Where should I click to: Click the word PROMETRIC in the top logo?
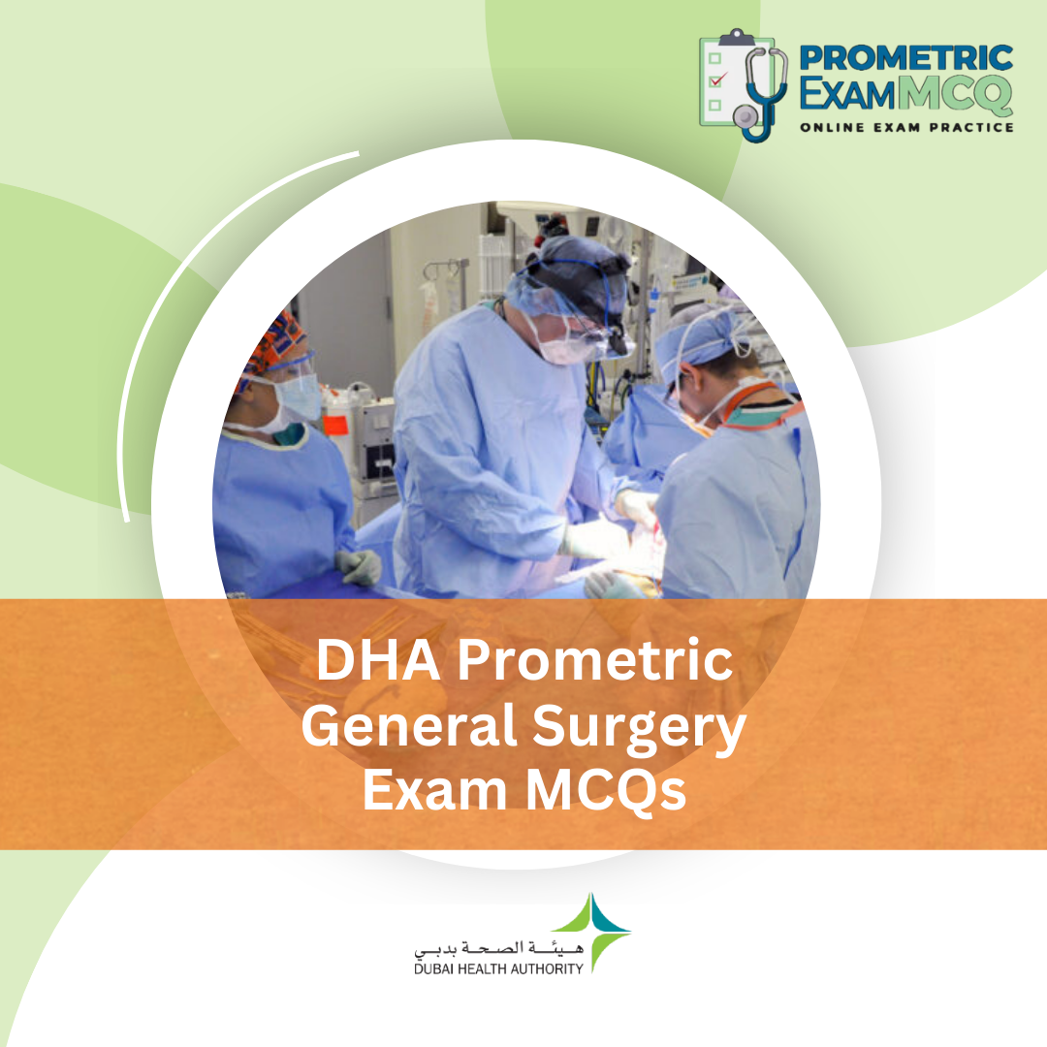coord(905,57)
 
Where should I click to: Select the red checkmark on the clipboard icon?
coord(718,79)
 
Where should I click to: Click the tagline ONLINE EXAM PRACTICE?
coord(906,127)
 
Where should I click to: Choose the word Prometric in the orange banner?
coord(594,662)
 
